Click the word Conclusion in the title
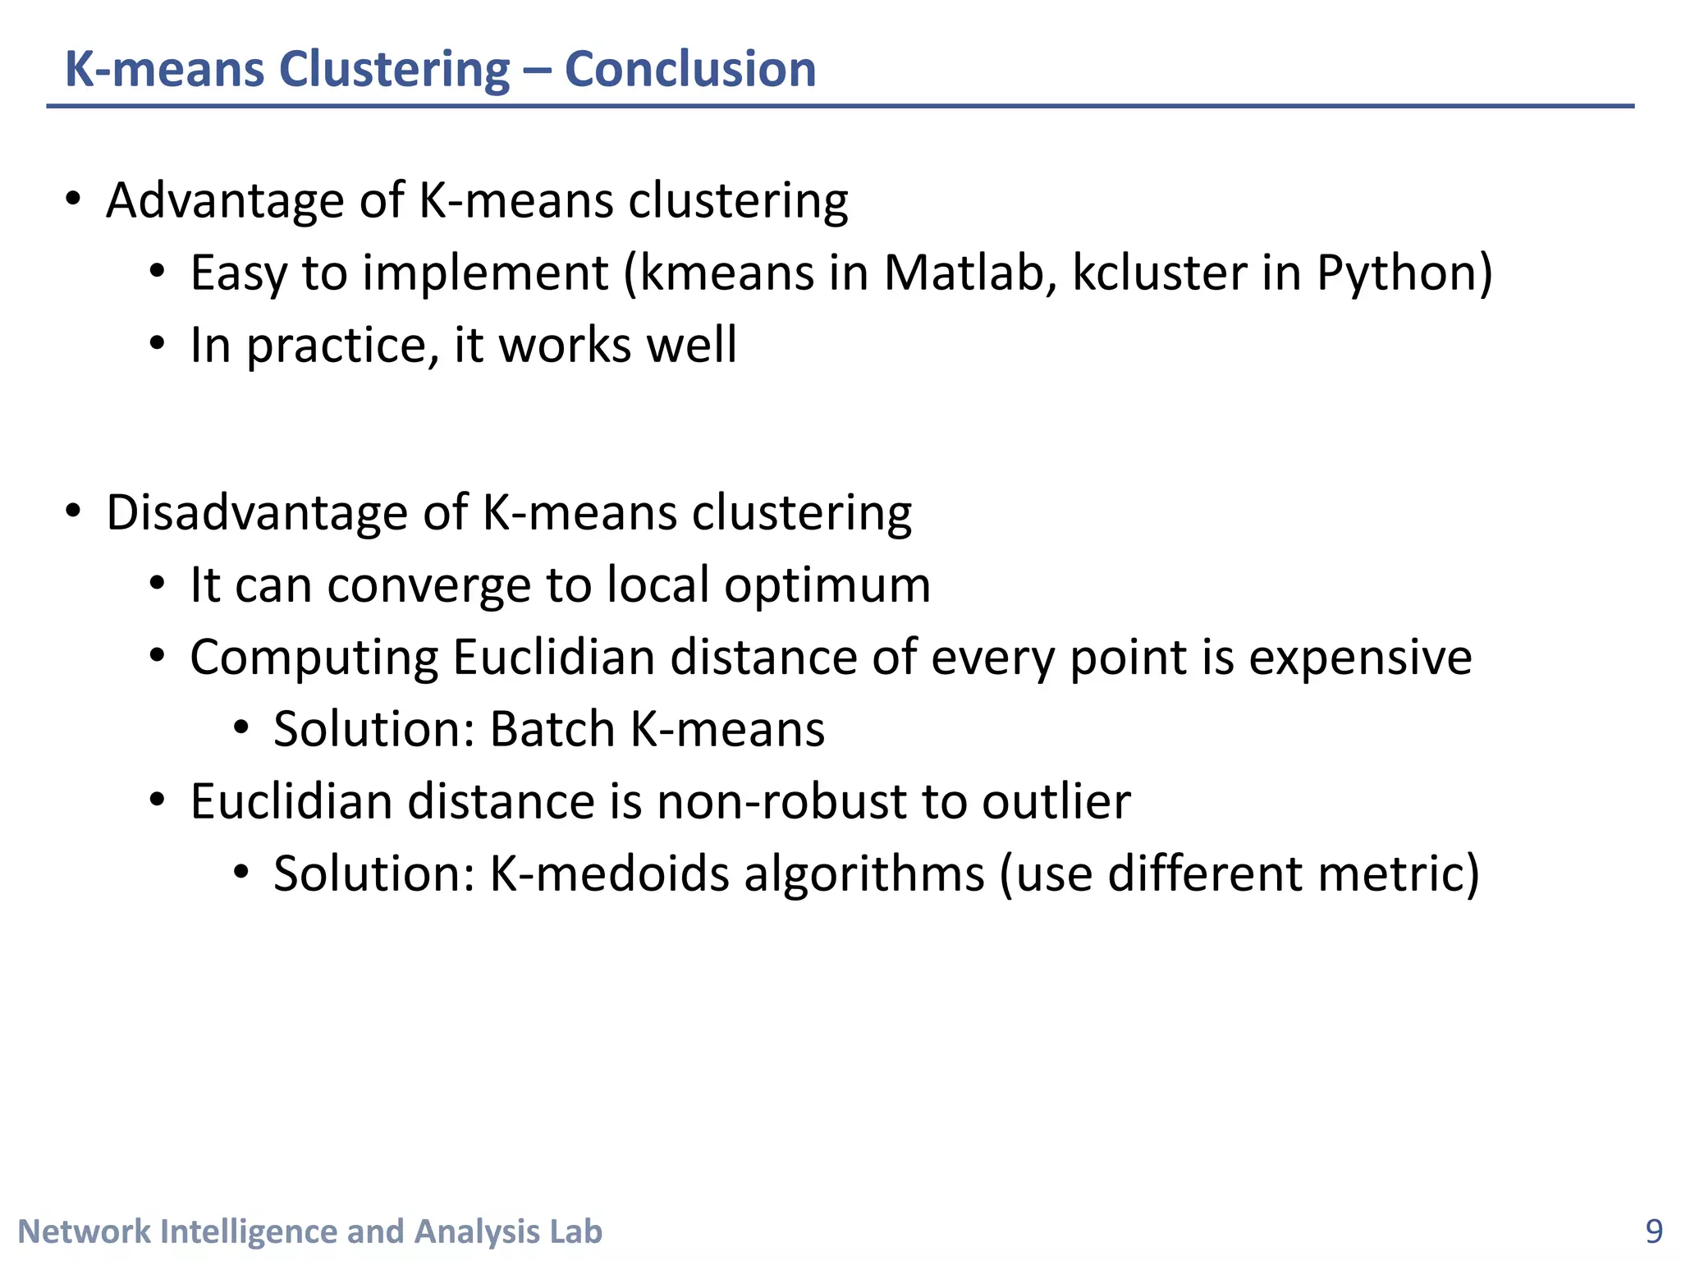690,69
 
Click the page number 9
1654,1231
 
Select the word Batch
552,729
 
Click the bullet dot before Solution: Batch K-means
240,727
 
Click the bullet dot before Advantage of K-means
74,199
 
